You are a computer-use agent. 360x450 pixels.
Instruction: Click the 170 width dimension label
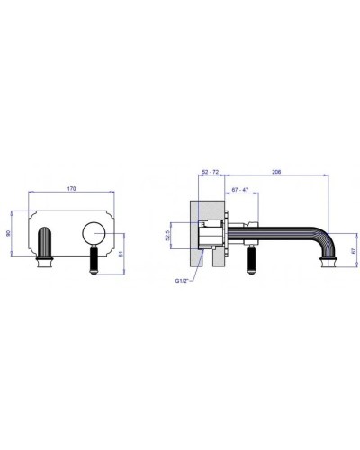[x=71, y=189]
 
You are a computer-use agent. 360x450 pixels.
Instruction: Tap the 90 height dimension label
[x=8, y=233]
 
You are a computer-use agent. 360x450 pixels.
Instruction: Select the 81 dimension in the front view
[x=121, y=254]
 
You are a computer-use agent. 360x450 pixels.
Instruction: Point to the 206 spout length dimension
[x=276, y=172]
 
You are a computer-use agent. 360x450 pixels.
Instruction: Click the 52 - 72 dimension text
[x=211, y=172]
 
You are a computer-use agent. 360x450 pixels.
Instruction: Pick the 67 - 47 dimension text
[x=240, y=190]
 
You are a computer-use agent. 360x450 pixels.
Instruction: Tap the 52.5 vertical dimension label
[x=167, y=236]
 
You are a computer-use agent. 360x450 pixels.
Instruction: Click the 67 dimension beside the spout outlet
[x=355, y=250]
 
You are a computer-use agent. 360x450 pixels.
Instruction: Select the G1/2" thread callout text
[x=182, y=281]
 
